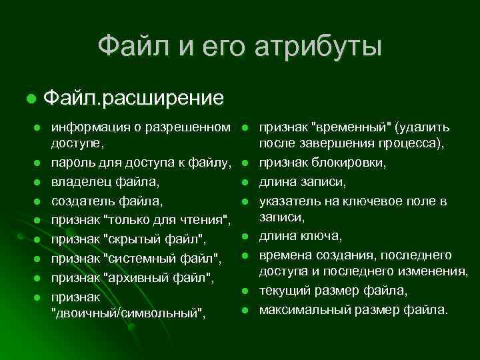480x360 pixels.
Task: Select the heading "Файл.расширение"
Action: (x=133, y=98)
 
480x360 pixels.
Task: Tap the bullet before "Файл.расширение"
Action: (x=31, y=99)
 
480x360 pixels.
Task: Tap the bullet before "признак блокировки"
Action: (x=245, y=163)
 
